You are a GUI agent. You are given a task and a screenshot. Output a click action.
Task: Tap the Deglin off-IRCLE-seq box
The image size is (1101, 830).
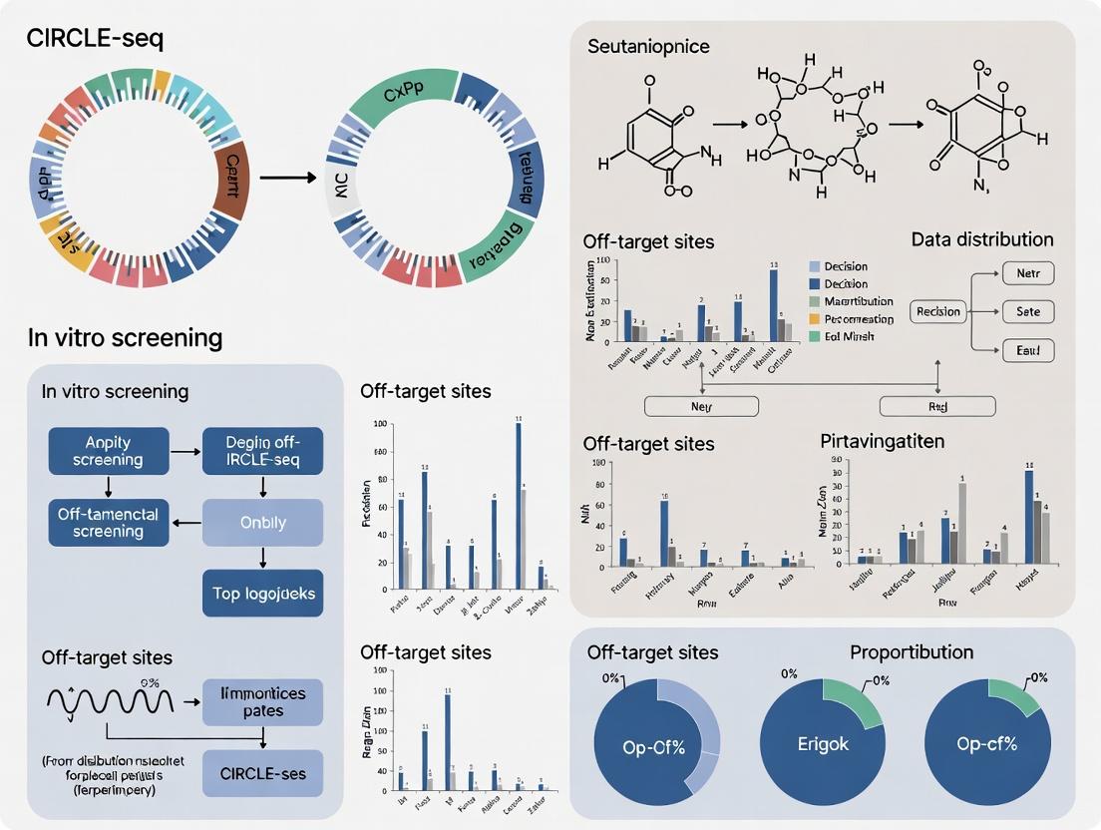coord(262,450)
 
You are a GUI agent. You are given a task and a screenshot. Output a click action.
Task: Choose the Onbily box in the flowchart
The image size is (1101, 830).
coord(262,522)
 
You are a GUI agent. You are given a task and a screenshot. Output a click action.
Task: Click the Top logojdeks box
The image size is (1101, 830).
coord(262,594)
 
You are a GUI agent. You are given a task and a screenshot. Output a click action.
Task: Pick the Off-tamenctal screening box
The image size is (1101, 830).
coord(108,522)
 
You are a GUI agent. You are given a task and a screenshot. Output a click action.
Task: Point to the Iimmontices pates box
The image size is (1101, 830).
coord(262,701)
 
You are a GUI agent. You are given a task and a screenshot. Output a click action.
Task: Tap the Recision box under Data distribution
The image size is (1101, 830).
coord(938,311)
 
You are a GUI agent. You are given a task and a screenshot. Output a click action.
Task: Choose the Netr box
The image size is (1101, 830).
coord(1026,272)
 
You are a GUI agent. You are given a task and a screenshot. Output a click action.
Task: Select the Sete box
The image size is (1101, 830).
coord(1026,311)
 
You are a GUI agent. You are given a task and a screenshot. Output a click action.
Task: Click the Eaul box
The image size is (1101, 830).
coord(1026,351)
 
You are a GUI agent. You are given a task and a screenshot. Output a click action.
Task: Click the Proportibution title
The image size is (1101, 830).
coord(911,652)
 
